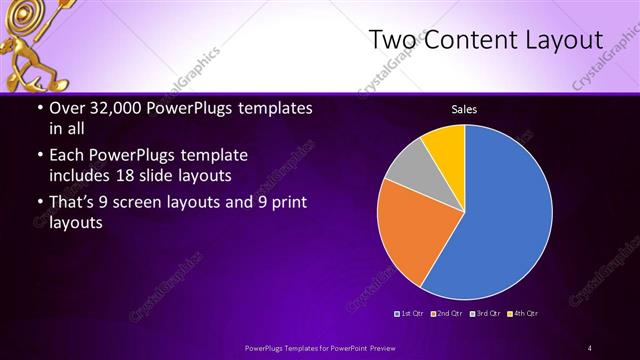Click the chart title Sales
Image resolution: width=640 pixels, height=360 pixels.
(x=464, y=109)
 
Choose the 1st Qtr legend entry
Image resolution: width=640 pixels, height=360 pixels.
(x=412, y=314)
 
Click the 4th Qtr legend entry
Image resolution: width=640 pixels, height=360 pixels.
(x=524, y=314)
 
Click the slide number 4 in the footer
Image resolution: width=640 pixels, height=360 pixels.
(x=590, y=347)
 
